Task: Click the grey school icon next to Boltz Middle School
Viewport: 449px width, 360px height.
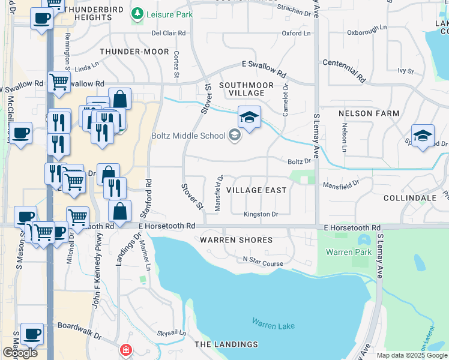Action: tap(234, 135)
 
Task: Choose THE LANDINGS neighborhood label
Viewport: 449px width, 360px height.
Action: tap(226, 344)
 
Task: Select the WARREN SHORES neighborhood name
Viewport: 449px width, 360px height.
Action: tap(228, 240)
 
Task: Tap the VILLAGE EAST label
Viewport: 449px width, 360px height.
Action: tap(256, 190)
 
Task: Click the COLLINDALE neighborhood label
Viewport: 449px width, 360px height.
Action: tap(409, 197)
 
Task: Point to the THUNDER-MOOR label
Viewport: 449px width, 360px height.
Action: tap(134, 52)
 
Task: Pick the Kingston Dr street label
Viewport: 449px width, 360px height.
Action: tap(261, 214)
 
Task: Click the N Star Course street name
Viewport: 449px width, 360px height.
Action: tap(262, 259)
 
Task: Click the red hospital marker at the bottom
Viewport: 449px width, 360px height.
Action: tap(126, 349)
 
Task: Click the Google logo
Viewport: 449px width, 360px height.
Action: tap(20, 353)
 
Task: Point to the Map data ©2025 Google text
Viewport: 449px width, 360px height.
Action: tap(412, 355)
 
